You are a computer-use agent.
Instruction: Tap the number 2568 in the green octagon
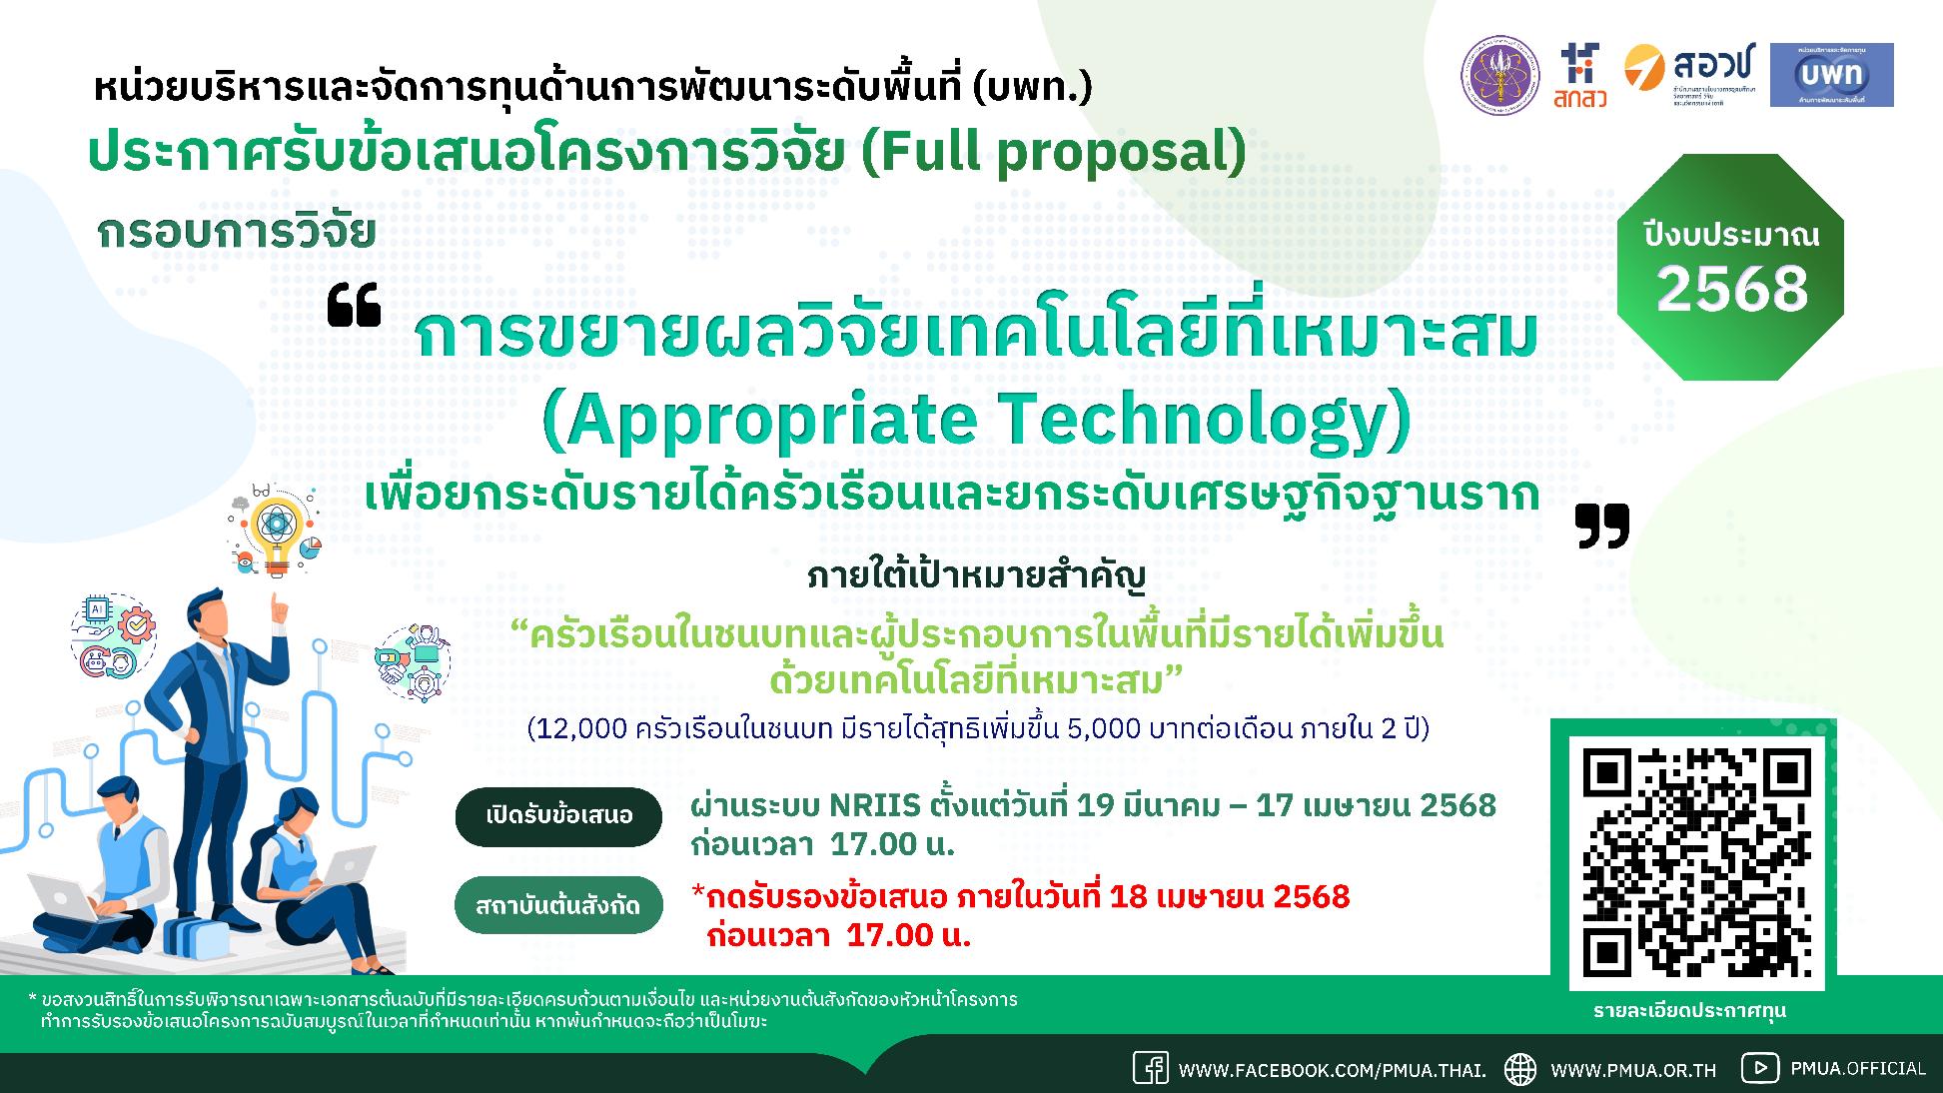1732,290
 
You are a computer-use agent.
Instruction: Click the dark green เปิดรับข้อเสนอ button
559,816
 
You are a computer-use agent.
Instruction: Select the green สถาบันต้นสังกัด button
557,906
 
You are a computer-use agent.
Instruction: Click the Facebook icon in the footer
1150,1068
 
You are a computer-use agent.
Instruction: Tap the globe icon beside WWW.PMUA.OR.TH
1520,1069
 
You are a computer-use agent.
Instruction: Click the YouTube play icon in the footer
1760,1068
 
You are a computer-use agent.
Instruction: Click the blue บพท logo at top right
1831,75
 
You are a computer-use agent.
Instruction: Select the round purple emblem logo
1500,75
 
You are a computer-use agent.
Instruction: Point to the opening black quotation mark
355,306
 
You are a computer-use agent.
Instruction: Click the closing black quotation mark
1602,526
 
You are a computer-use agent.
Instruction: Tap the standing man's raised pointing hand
281,607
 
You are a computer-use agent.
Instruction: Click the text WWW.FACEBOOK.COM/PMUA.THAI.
1332,1070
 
